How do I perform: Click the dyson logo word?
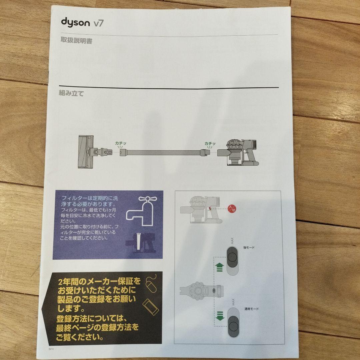click(75, 22)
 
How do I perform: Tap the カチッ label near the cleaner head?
click(120, 143)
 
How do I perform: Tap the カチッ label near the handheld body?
click(210, 143)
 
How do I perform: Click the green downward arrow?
click(219, 316)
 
